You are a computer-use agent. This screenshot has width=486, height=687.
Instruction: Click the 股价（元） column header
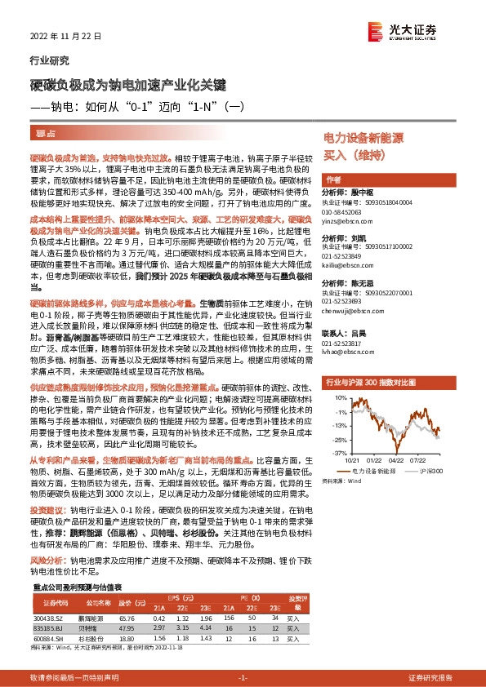pyautogui.click(x=126, y=602)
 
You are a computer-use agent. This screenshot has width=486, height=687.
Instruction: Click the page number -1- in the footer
pyautogui.click(x=242, y=678)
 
